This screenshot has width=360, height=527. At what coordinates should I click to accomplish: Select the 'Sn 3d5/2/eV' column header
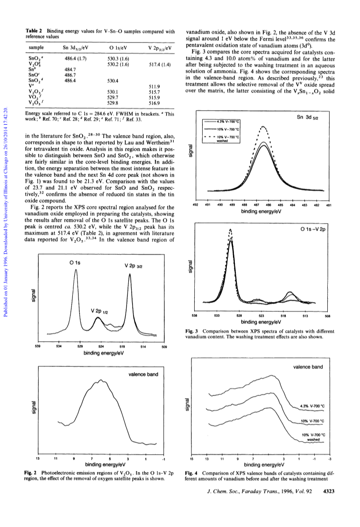point(75,48)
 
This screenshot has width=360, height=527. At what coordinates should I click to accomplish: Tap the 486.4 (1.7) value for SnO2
point(75,59)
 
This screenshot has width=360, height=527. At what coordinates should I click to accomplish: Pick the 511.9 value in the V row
point(154,86)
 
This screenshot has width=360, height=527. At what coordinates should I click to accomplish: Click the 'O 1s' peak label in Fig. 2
point(75,263)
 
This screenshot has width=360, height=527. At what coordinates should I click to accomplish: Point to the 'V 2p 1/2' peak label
point(99,311)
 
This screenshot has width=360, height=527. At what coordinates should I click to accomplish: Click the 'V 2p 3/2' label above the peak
point(133,266)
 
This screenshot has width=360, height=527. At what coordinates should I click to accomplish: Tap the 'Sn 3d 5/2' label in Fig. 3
point(307,117)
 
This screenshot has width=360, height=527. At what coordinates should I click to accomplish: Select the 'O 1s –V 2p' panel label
point(312,230)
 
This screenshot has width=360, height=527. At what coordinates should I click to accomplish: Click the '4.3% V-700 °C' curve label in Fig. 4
point(312,406)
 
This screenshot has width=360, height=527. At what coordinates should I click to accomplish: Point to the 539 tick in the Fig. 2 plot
point(38,346)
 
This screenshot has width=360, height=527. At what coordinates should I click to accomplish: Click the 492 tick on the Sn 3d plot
point(195,204)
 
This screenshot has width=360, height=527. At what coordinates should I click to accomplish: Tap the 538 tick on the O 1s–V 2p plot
point(194,316)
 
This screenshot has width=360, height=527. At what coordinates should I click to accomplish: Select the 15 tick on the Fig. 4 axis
point(191,459)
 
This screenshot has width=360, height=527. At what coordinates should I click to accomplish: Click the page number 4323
point(328,491)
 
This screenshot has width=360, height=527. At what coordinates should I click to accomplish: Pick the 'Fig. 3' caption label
point(191,331)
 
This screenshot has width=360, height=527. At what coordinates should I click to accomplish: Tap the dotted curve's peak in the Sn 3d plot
point(263,126)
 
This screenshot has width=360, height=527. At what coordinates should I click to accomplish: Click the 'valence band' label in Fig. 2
point(143,374)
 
